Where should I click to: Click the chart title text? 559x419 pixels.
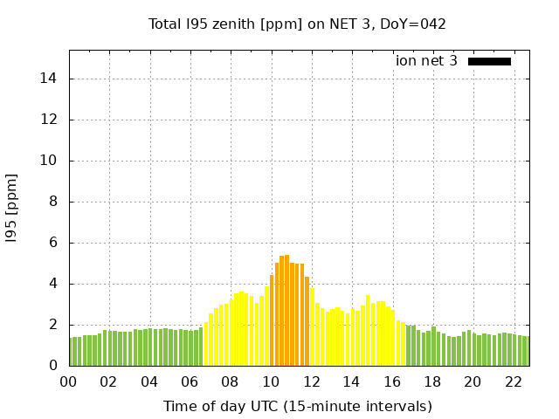pos(297,24)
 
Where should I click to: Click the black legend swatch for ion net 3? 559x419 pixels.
pos(489,61)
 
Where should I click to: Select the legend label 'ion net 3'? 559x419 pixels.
pos(426,61)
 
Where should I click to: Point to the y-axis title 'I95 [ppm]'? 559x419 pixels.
pos(12,208)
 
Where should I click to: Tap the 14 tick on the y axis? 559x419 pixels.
pos(51,79)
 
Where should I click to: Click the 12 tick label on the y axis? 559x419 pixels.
pos(51,120)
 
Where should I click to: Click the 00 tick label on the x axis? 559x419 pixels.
pos(69,381)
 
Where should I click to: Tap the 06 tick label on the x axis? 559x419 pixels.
pos(190,381)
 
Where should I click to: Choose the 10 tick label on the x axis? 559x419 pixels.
pos(271,381)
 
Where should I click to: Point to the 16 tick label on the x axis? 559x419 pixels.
pos(392,381)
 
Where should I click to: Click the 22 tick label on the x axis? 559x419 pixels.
pos(514,381)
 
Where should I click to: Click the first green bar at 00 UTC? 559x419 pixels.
pos(72,352)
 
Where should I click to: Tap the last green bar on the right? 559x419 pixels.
pos(526,351)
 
